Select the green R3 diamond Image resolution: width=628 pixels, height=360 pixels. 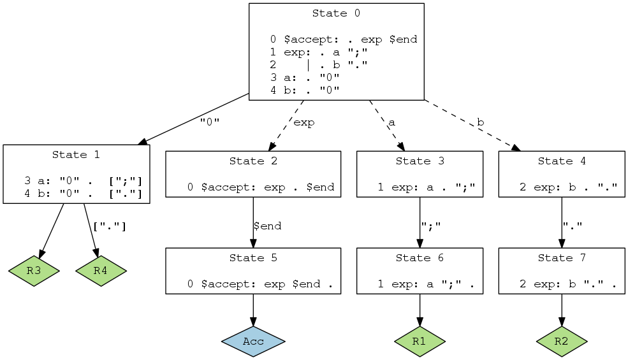(x=34, y=271)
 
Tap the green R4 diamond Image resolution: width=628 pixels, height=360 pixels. (x=100, y=271)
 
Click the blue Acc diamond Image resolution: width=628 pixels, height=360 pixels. (x=253, y=342)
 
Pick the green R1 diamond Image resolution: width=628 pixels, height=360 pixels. (x=419, y=342)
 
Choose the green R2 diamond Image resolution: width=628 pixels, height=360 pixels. (x=561, y=342)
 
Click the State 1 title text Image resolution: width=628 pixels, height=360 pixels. (x=76, y=155)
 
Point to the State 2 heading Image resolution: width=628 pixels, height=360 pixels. (x=253, y=161)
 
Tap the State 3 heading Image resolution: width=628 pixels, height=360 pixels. (x=419, y=161)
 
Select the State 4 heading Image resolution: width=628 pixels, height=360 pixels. (x=561, y=161)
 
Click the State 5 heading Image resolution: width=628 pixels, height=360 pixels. (x=253, y=258)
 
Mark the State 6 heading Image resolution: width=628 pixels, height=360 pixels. (x=419, y=258)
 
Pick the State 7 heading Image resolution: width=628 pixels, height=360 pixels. (x=561, y=258)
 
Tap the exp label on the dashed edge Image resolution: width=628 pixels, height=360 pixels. (x=303, y=123)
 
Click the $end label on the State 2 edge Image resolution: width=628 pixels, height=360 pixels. (x=267, y=226)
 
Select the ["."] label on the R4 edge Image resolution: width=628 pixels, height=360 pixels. (x=109, y=226)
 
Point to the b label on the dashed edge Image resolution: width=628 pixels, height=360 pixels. (x=479, y=122)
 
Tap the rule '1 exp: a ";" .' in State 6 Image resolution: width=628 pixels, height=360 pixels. (x=426, y=284)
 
